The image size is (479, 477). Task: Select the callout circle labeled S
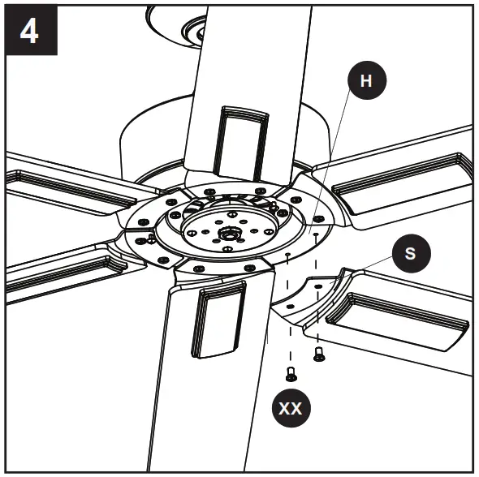click(x=410, y=252)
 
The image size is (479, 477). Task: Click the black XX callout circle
click(x=290, y=408)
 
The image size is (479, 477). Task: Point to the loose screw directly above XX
click(x=289, y=374)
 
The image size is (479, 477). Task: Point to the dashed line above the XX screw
click(x=288, y=316)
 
